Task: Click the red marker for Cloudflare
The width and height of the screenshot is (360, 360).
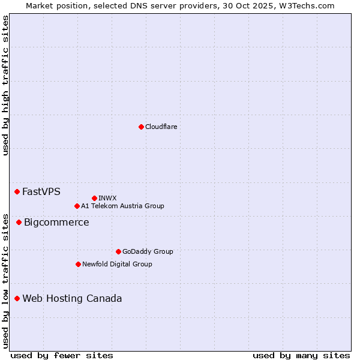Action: [141, 127]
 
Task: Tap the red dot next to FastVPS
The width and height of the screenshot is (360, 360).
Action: [17, 191]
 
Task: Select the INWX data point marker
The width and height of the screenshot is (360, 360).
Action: [94, 198]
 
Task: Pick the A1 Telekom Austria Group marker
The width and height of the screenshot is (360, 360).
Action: [77, 206]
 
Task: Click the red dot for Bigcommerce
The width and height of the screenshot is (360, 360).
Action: [19, 222]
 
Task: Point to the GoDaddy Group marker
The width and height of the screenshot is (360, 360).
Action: [118, 251]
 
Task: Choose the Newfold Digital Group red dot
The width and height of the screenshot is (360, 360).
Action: [78, 264]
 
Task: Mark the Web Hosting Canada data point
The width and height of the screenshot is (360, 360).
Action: [17, 298]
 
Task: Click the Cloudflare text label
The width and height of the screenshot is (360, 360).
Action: [161, 127]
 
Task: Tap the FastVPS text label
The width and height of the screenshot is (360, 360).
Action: [41, 192]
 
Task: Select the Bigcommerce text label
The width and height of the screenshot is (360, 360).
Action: [56, 223]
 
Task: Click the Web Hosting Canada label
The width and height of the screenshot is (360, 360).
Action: [72, 299]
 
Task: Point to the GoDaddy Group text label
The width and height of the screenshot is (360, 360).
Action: [148, 251]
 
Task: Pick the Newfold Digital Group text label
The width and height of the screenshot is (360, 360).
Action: [117, 264]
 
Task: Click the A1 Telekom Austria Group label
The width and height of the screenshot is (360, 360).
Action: [122, 206]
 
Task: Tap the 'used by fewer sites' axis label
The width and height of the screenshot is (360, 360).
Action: [62, 355]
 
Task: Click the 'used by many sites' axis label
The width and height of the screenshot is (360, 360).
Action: [301, 355]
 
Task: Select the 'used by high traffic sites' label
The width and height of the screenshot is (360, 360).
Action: [5, 85]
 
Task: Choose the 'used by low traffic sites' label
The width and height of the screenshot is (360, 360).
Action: [5, 280]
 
